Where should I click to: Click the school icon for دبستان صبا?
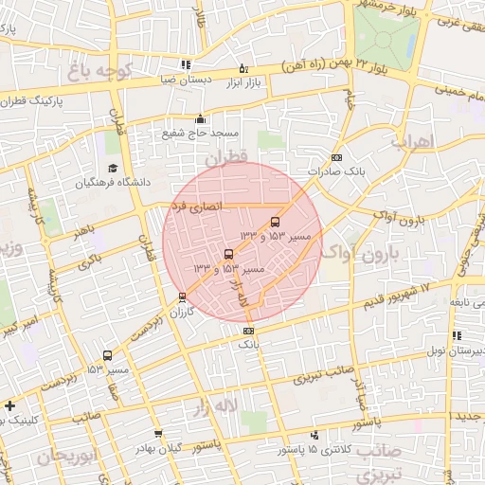click(185, 65)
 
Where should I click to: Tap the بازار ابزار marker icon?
click(243, 68)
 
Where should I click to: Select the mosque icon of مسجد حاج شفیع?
click(200, 119)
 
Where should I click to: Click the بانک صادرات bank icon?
click(335, 157)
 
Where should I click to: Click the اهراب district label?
click(410, 142)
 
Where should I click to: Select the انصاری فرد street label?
click(197, 204)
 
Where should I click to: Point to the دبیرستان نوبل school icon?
click(458, 335)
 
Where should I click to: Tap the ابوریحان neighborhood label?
click(68, 457)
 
